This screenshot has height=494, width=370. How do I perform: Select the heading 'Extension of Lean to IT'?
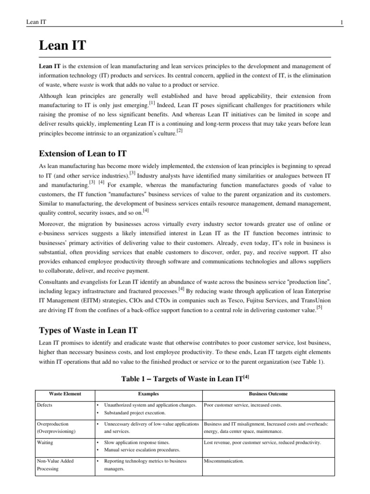pos(82,153)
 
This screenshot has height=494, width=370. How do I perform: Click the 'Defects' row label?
pos(44,405)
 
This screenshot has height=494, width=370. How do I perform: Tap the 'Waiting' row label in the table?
pos(45,442)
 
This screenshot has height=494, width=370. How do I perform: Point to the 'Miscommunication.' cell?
pos(224,461)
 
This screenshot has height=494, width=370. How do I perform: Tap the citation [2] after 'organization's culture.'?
pos(180,131)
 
